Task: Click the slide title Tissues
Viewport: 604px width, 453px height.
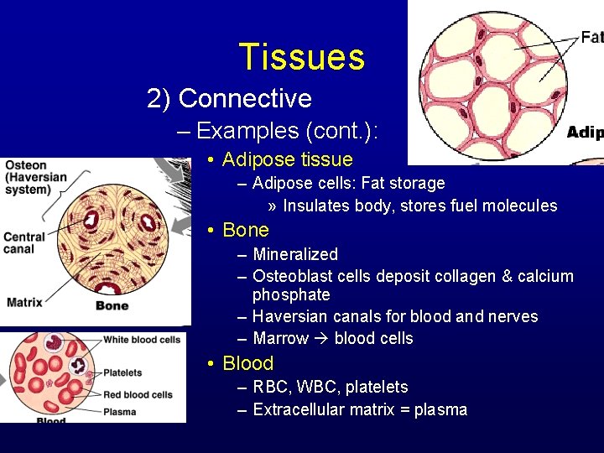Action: click(302, 57)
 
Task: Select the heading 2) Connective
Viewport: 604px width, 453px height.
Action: click(229, 99)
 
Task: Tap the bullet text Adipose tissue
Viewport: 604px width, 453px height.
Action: click(287, 159)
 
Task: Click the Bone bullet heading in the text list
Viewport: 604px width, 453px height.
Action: click(245, 230)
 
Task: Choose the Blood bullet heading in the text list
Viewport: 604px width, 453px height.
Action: click(247, 363)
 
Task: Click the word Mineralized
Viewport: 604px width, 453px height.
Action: click(294, 254)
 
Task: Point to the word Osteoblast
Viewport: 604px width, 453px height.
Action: click(292, 276)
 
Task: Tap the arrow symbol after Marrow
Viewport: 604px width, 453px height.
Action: click(321, 339)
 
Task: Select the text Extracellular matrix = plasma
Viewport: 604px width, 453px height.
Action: click(359, 409)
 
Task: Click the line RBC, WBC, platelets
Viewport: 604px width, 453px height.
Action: click(330, 387)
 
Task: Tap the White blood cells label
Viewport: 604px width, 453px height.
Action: click(141, 340)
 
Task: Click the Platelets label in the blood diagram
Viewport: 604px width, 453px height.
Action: click(122, 372)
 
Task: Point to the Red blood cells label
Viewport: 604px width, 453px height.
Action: click(137, 394)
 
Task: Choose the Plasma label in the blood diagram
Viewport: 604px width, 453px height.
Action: click(119, 412)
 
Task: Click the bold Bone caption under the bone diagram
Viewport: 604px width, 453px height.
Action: click(112, 305)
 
